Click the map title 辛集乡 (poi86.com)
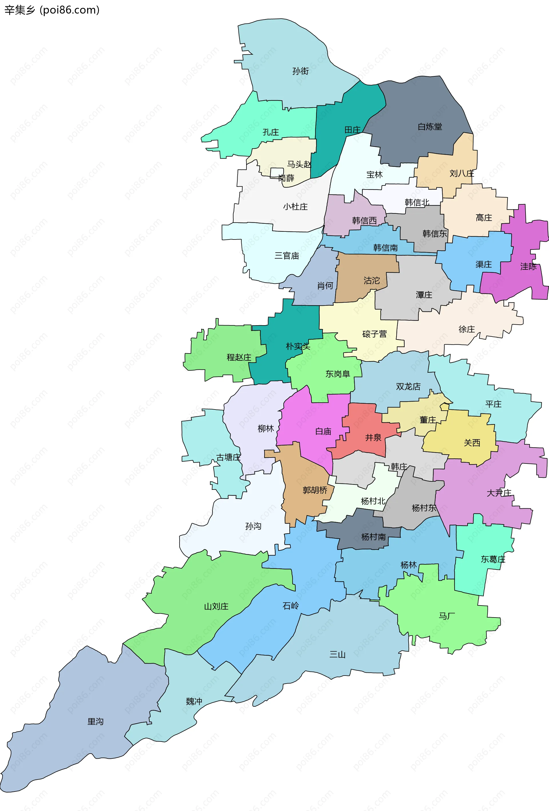click(52, 10)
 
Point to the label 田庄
click(352, 130)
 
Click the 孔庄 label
click(271, 132)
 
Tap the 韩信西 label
click(364, 221)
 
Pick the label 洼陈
click(528, 267)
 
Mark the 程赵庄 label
click(239, 357)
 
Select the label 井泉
click(373, 438)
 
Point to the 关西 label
click(472, 443)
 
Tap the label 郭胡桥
click(315, 490)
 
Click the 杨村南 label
click(373, 537)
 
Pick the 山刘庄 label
click(216, 606)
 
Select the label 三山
click(337, 654)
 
